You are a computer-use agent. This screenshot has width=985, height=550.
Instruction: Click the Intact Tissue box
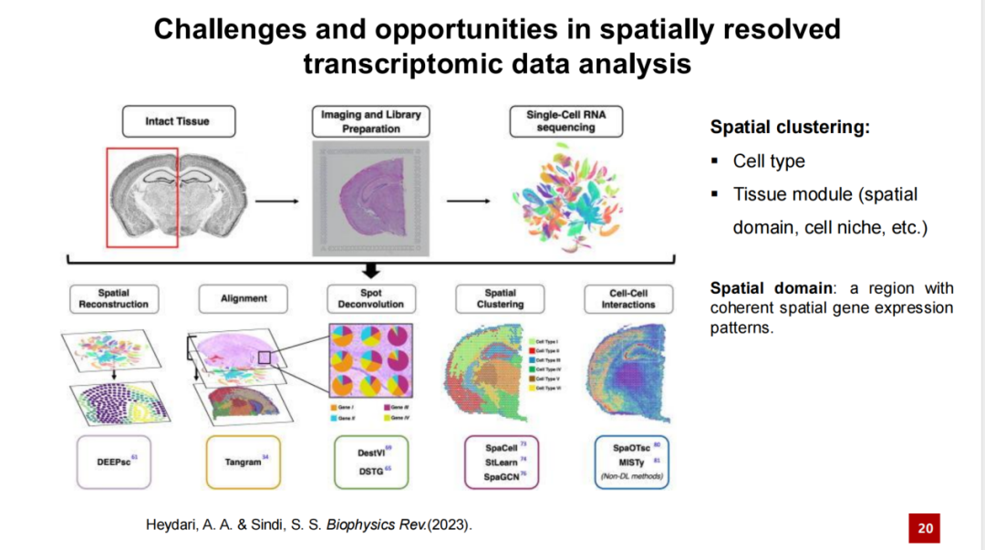pyautogui.click(x=178, y=121)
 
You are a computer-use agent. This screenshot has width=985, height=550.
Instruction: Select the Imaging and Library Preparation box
pyautogui.click(x=371, y=121)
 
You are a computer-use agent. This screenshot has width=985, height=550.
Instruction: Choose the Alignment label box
pyautogui.click(x=244, y=298)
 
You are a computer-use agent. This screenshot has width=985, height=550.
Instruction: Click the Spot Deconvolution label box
pyautogui.click(x=371, y=298)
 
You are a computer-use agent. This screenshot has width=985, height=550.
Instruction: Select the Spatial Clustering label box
pyautogui.click(x=500, y=298)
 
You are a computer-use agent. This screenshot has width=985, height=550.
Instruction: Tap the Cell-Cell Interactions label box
pyautogui.click(x=627, y=298)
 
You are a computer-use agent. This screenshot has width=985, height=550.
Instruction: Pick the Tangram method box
pyautogui.click(x=244, y=462)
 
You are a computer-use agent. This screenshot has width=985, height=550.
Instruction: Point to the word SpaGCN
pyautogui.click(x=500, y=476)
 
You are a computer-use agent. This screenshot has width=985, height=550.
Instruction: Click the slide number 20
pyautogui.click(x=925, y=528)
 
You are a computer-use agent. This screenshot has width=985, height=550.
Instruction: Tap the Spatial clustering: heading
pyautogui.click(x=790, y=128)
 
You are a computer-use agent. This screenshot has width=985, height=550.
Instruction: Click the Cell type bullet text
pyautogui.click(x=769, y=161)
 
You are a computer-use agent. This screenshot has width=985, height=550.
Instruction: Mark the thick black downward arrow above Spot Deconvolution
pyautogui.click(x=371, y=270)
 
